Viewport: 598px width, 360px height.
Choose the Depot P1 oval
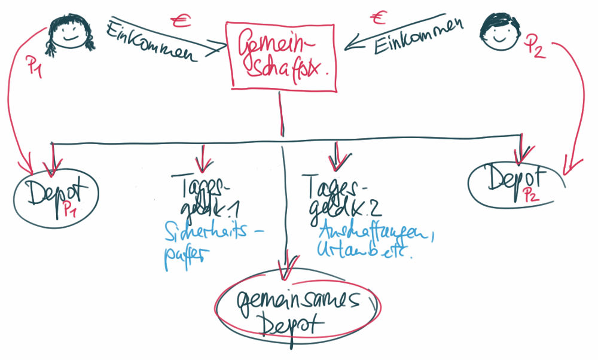pos(56,197)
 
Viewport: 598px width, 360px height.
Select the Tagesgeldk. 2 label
pos(338,194)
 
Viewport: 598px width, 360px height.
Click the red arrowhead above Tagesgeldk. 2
pos(337,158)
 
